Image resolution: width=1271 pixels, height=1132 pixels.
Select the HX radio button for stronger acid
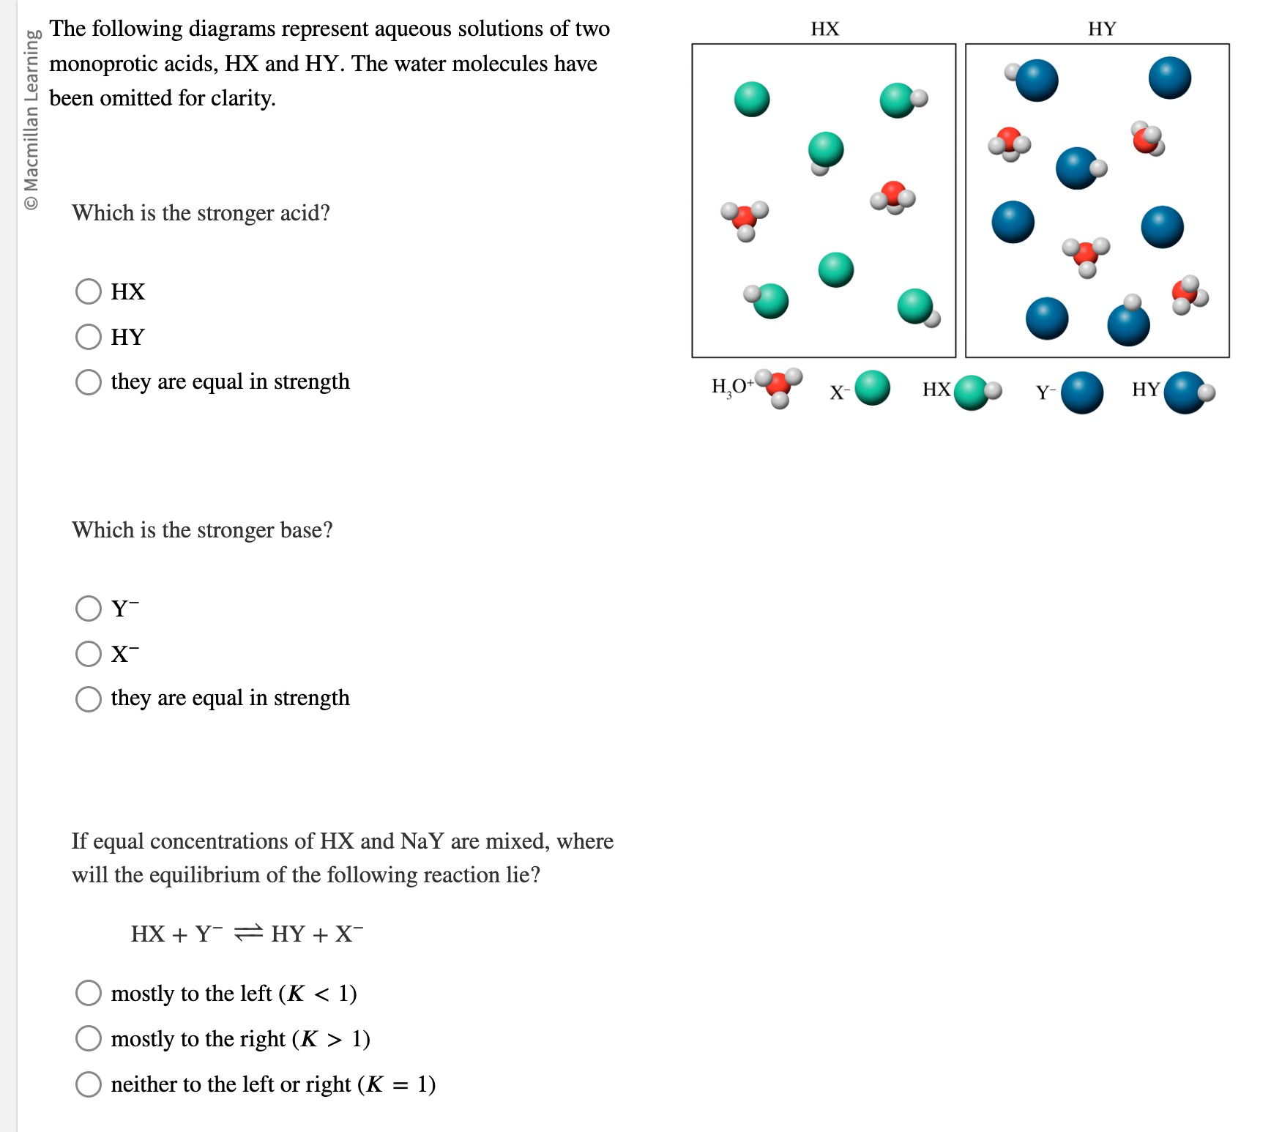point(89,291)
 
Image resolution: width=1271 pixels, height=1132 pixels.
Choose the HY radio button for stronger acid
point(89,337)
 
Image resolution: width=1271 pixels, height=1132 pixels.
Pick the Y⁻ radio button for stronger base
point(89,608)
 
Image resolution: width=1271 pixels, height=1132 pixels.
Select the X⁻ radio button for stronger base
point(89,654)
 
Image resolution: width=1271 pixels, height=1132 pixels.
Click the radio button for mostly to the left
point(89,993)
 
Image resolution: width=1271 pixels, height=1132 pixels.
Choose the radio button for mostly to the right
point(89,1038)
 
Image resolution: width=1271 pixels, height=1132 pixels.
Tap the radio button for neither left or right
point(89,1084)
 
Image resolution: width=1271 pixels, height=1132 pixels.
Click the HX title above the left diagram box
point(824,29)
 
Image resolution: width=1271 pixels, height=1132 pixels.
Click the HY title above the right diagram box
point(1102,29)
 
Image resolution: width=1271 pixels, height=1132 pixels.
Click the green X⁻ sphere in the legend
point(872,388)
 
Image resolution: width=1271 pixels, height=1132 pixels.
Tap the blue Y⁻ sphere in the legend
point(1082,392)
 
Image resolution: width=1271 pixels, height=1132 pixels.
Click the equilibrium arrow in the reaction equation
point(247,933)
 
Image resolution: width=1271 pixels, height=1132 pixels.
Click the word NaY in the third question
point(422,841)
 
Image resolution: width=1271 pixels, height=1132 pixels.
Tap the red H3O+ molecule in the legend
point(779,385)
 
